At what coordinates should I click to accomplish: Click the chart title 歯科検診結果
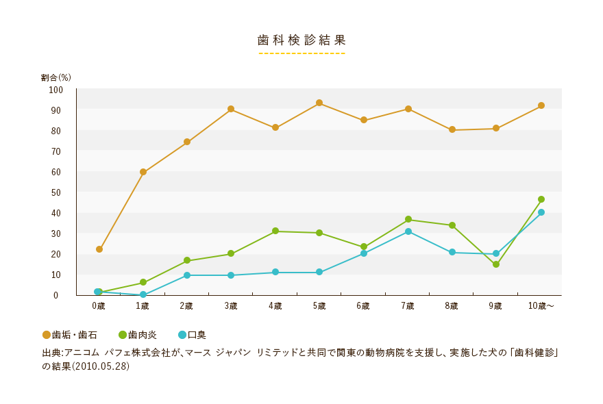301,40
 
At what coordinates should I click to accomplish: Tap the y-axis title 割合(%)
56,77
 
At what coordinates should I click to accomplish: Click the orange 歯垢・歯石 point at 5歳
319,103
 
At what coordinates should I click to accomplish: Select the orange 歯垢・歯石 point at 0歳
99,249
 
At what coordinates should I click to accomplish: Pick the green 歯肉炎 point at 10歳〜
541,199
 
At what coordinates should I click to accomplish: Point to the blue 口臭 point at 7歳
408,231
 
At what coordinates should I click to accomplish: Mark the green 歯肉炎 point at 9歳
496,264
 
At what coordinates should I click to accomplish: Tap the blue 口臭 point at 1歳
143,295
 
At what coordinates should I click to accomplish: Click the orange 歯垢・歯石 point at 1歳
143,172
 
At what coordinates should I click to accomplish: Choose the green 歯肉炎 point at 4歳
275,231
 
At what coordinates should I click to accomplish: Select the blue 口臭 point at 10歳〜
541,212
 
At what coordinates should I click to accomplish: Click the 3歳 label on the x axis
231,305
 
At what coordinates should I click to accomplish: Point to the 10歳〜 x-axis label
541,305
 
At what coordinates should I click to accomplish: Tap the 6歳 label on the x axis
363,305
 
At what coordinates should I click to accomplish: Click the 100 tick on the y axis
56,90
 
